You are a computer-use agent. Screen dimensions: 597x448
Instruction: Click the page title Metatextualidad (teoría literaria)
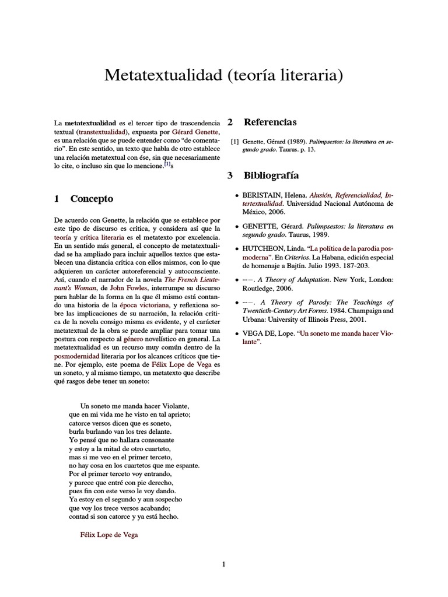[223, 75]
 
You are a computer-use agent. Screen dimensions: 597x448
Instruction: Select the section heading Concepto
[91, 199]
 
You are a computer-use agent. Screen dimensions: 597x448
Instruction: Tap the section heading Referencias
[269, 122]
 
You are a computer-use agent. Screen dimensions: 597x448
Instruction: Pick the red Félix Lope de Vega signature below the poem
[109, 535]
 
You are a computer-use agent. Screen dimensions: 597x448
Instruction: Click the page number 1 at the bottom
[223, 564]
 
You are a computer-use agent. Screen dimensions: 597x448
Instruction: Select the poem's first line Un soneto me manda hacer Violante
[135, 406]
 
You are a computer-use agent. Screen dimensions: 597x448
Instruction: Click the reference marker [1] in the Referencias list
[235, 141]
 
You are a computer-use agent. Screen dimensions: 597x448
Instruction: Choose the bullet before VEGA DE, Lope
[236, 335]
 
